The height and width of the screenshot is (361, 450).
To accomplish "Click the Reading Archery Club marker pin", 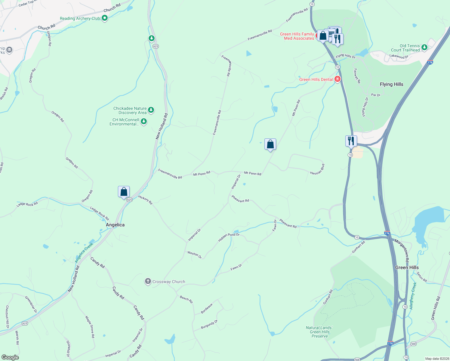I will click(x=105, y=18).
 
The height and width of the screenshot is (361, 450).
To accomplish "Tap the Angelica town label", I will click(x=115, y=225).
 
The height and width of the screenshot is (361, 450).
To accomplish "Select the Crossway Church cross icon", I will click(x=148, y=282).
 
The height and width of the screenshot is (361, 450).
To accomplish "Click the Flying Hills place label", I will click(x=391, y=84).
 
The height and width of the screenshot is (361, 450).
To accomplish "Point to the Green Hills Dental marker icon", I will click(x=337, y=79).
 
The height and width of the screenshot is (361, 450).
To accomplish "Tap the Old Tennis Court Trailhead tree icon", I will click(x=424, y=47).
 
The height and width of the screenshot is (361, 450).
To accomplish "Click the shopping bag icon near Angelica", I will click(x=124, y=192).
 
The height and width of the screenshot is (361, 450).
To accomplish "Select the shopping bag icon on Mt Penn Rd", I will click(x=270, y=144).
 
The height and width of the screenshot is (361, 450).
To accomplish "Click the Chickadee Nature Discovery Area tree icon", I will click(x=151, y=110).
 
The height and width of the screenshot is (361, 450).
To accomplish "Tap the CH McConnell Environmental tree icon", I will click(x=144, y=122).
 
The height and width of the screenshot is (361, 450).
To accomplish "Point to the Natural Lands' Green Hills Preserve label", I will click(x=319, y=332).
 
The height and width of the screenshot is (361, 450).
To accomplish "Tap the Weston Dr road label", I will click(x=194, y=255).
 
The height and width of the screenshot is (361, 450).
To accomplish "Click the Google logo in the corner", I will click(x=10, y=357).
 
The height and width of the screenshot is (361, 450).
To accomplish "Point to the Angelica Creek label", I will click(x=84, y=253).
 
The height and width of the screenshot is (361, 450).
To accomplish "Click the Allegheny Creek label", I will click(x=413, y=296).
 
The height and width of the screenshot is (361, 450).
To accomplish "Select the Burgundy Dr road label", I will click(x=209, y=325).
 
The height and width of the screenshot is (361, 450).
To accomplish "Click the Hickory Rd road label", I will click(x=145, y=200).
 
